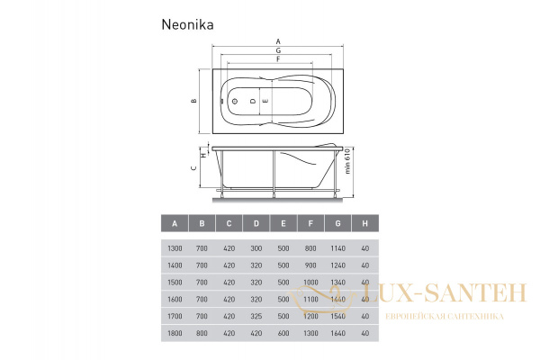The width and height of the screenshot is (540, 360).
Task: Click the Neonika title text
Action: click(x=187, y=24)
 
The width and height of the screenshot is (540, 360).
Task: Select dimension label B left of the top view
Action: click(x=193, y=101)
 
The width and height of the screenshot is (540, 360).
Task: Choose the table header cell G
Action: click(x=337, y=224)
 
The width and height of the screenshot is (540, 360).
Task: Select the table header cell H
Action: click(x=364, y=224)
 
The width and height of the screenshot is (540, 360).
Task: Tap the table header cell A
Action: click(x=174, y=224)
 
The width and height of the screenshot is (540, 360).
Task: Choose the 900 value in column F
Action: click(x=310, y=265)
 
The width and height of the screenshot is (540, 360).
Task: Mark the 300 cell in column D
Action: click(x=256, y=249)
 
